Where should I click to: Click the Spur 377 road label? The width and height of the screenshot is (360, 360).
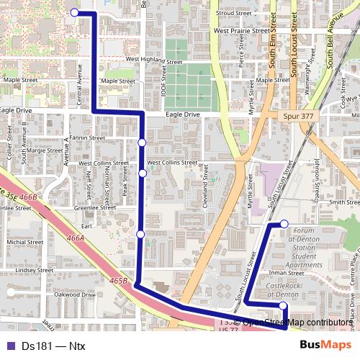[296, 115]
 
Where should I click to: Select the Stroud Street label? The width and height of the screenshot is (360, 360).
[233, 13]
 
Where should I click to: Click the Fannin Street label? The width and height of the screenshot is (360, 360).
[88, 138]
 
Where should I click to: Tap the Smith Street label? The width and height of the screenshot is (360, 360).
[344, 203]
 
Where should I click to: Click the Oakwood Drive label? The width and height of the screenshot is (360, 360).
[75, 294]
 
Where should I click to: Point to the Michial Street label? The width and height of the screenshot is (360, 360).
[25, 243]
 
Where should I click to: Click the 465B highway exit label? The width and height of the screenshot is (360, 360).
[119, 280]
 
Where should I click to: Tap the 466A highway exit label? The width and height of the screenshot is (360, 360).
[76, 237]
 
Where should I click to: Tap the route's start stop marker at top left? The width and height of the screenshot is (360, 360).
[74, 12]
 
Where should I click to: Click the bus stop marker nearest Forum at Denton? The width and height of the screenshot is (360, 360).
[284, 224]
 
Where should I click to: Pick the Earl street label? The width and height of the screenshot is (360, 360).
[87, 226]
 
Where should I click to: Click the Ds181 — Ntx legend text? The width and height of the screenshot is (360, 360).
[53, 346]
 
